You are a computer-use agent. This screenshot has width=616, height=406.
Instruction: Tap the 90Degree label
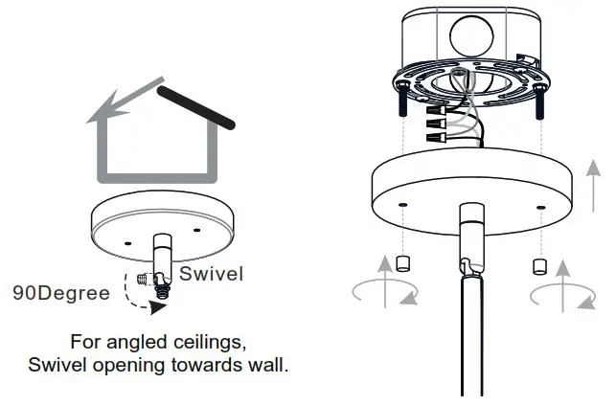(60, 293)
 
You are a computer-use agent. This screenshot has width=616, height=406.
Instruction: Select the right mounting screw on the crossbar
(542, 97)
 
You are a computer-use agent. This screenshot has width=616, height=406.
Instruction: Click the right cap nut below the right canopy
(538, 264)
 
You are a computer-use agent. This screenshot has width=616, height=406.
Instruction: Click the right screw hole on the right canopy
(541, 206)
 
